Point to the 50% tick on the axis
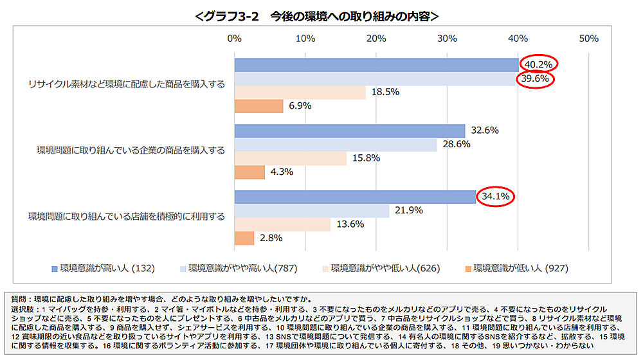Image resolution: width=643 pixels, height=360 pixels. click(x=588, y=39)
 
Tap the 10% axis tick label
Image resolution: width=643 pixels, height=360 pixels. click(x=305, y=39)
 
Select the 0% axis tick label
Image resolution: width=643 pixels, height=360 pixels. click(x=235, y=39)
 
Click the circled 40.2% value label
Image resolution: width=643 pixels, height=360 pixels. click(x=539, y=64)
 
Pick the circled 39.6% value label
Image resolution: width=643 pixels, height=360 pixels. click(x=536, y=78)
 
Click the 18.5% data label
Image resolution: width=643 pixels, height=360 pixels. click(x=385, y=93)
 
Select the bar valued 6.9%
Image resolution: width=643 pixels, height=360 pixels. click(x=259, y=107)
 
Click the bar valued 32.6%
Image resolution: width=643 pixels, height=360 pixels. click(x=350, y=130)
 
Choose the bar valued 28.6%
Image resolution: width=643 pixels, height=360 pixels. click(x=336, y=145)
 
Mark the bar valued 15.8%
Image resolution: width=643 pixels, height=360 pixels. click(x=291, y=159)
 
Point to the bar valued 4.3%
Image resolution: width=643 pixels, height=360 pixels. click(x=250, y=172)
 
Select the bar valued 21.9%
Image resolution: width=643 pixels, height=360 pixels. click(x=312, y=210)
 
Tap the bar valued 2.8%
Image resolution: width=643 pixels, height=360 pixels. click(x=244, y=238)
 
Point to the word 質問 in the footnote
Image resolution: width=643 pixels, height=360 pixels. click(x=20, y=300)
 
